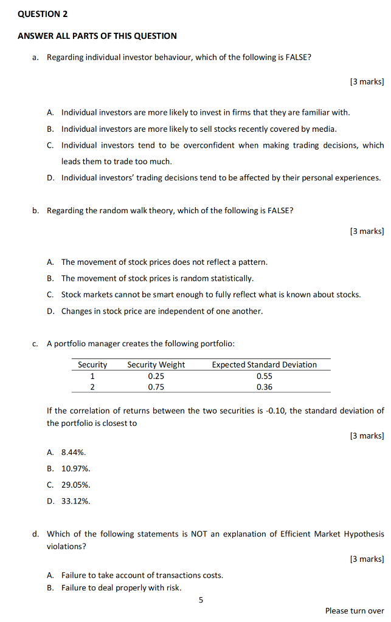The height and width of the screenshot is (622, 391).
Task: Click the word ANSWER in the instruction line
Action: [x=34, y=36]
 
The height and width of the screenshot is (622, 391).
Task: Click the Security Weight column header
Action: [x=156, y=364]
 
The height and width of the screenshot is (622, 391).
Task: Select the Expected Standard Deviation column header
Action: [x=264, y=364]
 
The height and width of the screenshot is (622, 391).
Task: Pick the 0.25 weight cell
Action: [x=156, y=375]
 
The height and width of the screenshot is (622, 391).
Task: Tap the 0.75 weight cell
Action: [x=156, y=386]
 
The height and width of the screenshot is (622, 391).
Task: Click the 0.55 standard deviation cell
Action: [x=264, y=375]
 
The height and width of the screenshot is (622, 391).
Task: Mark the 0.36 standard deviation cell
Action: [x=264, y=386]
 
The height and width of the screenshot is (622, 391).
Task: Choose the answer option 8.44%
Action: [x=74, y=452]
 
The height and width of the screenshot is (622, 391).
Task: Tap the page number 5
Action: [x=201, y=600]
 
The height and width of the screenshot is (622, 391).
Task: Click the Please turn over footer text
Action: [x=355, y=610]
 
